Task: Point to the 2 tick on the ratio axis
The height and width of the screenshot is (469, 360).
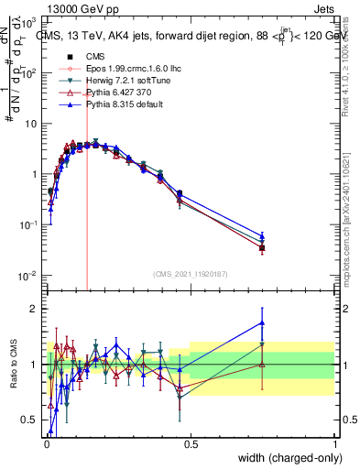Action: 32,309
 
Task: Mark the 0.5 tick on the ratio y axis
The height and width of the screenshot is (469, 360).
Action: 28,420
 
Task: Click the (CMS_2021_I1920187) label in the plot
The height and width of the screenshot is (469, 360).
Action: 189,273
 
